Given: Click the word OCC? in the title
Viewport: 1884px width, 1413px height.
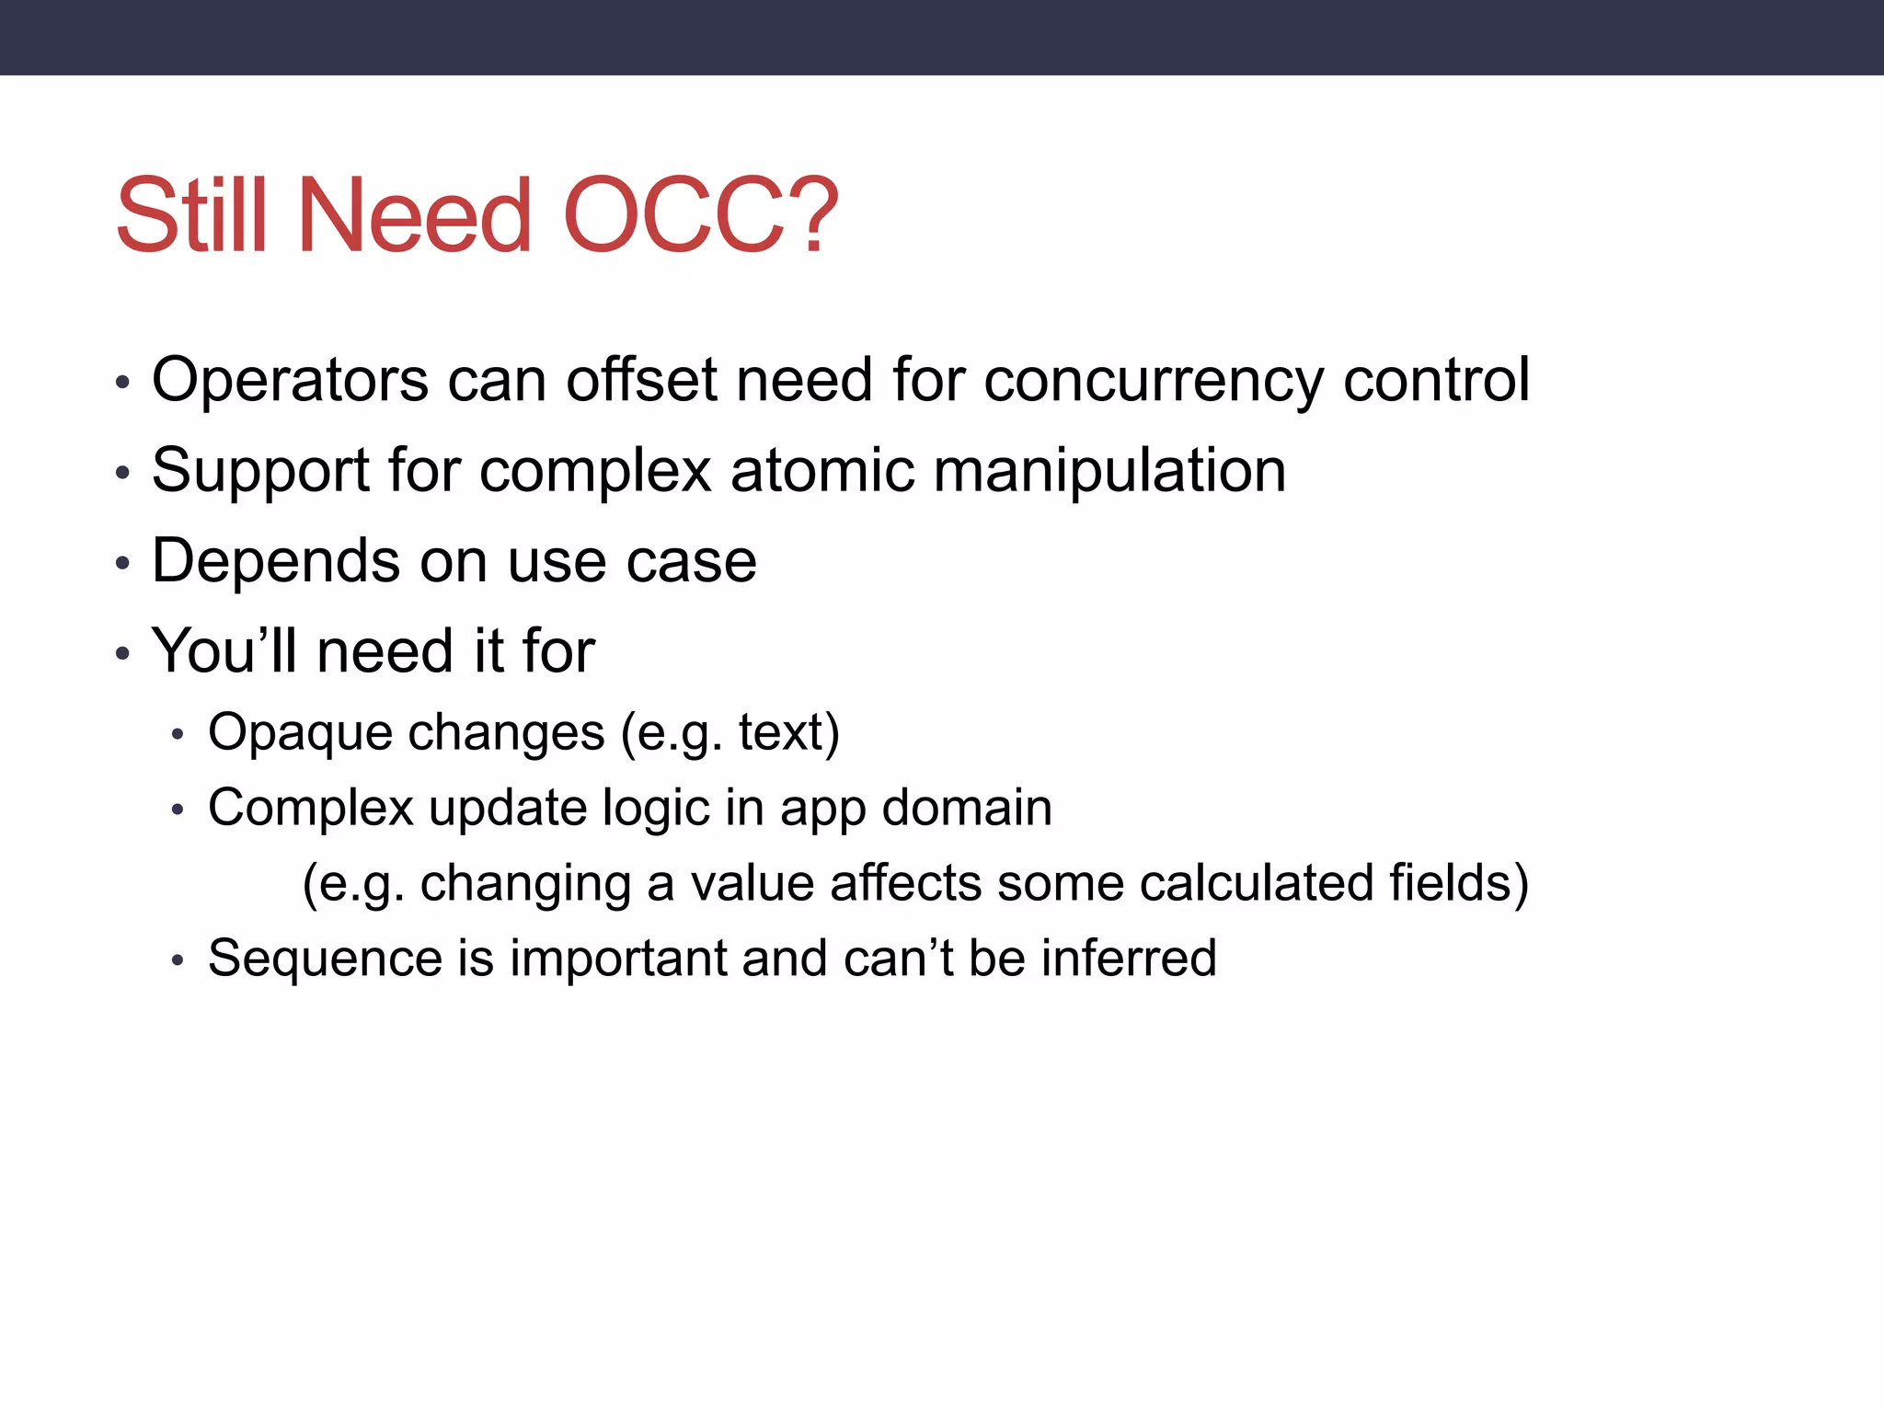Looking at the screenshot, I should pyautogui.click(x=699, y=216).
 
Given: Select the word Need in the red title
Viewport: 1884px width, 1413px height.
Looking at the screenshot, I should pyautogui.click(x=415, y=216).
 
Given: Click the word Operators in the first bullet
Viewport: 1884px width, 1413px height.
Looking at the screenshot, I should pyautogui.click(x=290, y=380).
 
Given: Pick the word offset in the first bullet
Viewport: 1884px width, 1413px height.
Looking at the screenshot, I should pyautogui.click(x=641, y=380).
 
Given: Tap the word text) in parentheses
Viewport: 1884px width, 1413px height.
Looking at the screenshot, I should pyautogui.click(x=788, y=733).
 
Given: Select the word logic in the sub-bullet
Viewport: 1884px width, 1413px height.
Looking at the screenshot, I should pyautogui.click(x=656, y=810).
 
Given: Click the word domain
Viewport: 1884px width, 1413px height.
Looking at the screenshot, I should pyautogui.click(x=966, y=808).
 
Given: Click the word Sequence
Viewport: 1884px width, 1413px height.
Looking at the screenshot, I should pyautogui.click(x=325, y=959).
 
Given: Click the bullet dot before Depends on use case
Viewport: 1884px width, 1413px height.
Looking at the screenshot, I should pyautogui.click(x=123, y=563).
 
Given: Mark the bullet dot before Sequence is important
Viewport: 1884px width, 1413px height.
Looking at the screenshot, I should pyautogui.click(x=178, y=961).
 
